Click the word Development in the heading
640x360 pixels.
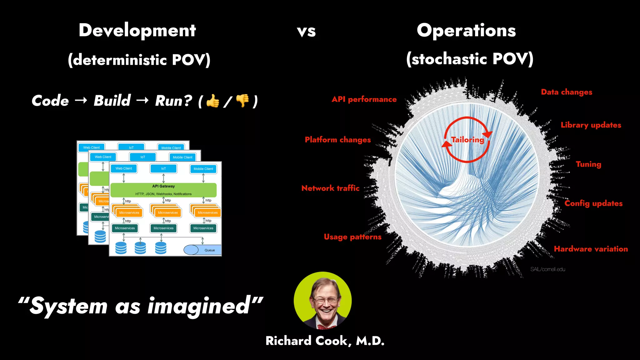pos(137,31)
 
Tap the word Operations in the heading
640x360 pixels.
pos(466,31)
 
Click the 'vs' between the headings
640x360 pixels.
pos(306,32)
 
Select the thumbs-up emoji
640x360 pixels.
pos(213,101)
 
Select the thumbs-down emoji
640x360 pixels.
pos(242,101)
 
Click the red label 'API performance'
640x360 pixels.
pos(364,99)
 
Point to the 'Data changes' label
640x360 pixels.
pos(566,92)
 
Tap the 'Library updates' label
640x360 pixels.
pos(591,125)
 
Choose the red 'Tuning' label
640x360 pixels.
pos(588,164)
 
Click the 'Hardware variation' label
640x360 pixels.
pos(591,249)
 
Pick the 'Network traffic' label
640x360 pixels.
pos(330,188)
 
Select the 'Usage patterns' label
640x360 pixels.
pos(352,237)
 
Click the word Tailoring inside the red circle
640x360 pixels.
pos(467,140)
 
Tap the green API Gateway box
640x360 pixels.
pos(163,190)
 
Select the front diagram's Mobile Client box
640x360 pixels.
pos(203,169)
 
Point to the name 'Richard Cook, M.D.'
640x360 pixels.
pos(325,341)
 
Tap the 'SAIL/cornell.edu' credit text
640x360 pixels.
pos(547,269)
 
